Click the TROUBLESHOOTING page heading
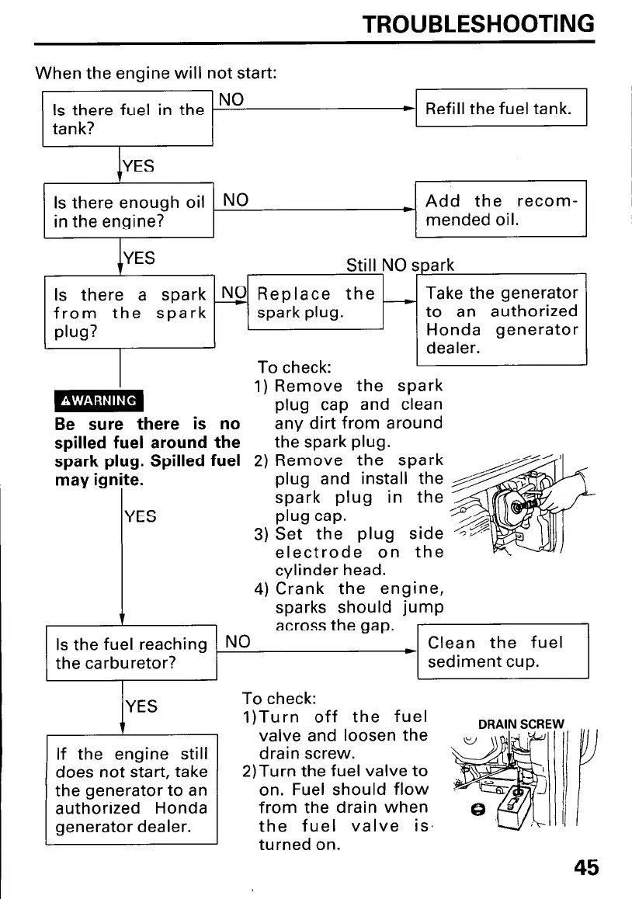(478, 24)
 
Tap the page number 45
(585, 867)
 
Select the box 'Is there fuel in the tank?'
(127, 119)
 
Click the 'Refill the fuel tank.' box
(502, 107)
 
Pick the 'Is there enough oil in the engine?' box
(129, 210)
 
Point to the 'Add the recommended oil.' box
(502, 209)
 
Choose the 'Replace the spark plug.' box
(315, 302)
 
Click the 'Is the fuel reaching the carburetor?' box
(131, 653)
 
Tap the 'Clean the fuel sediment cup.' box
(503, 651)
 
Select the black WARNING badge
(99, 401)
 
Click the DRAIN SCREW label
(521, 724)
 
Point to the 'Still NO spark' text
(400, 265)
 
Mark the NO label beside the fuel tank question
(231, 100)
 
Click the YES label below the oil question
(139, 258)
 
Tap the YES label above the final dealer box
(141, 706)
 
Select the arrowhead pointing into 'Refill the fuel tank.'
(409, 109)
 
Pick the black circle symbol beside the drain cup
(477, 809)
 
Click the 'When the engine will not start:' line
(156, 73)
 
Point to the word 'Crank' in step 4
(300, 588)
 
